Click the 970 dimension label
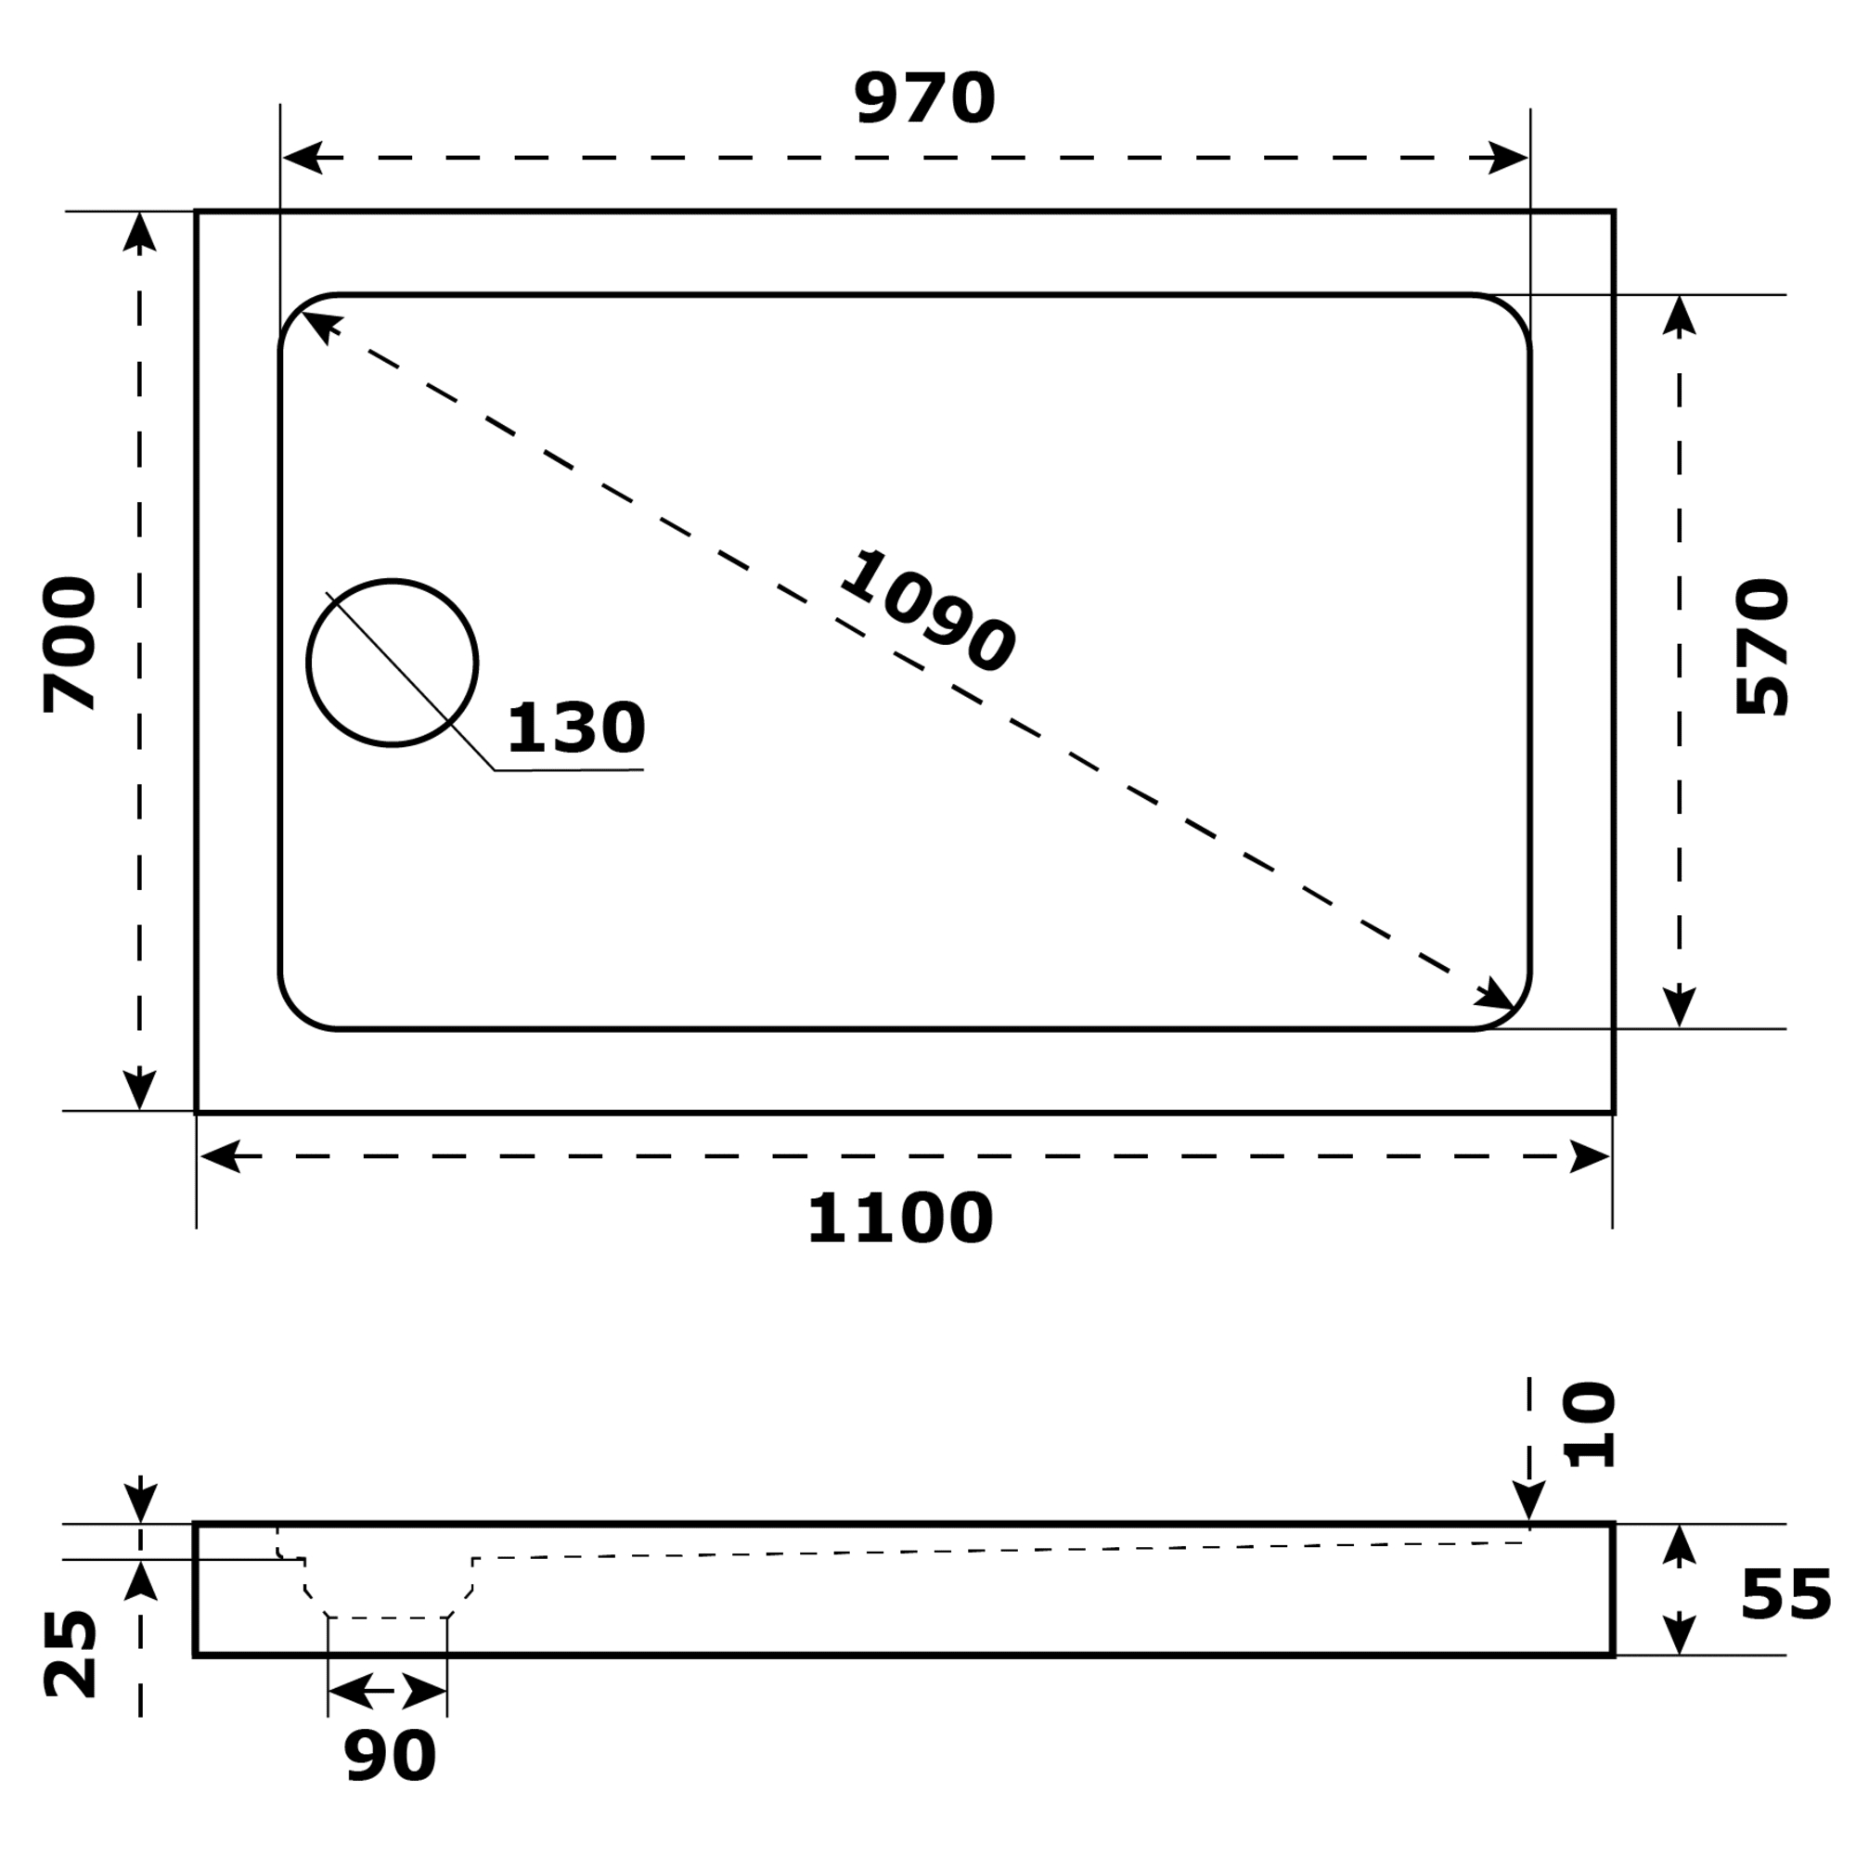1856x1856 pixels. [923, 99]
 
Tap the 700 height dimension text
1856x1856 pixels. [71, 645]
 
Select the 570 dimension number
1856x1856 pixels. [1763, 647]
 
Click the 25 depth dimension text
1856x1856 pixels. [71, 1655]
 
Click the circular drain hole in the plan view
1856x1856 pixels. [392, 663]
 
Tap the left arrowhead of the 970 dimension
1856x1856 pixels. [302, 158]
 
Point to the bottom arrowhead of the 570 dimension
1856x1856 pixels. [1680, 1006]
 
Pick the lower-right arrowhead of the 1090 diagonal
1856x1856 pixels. [1496, 994]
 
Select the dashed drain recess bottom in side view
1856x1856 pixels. [387, 1618]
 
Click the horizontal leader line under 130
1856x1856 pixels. [569, 769]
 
